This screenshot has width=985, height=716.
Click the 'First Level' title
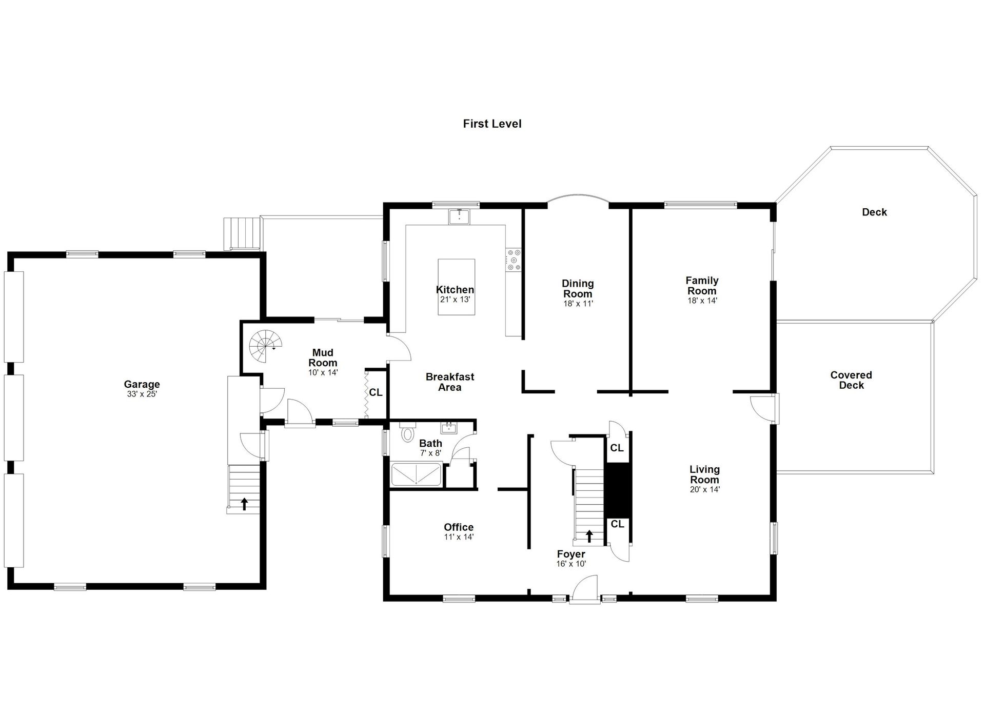click(x=492, y=124)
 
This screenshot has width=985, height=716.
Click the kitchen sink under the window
click(x=459, y=217)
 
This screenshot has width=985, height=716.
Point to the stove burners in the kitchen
click(x=514, y=260)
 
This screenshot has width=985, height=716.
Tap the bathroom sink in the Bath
click(x=449, y=427)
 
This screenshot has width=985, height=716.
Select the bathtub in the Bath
click(x=416, y=474)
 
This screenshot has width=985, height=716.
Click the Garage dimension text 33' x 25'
click(x=142, y=394)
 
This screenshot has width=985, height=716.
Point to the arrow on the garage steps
click(x=244, y=504)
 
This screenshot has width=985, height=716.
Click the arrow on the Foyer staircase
click(x=589, y=536)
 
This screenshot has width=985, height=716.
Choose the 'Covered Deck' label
click(x=851, y=380)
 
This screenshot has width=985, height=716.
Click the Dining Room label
click(x=578, y=288)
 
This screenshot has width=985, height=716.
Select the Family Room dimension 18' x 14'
click(x=702, y=301)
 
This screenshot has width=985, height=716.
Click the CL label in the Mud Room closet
click(x=376, y=392)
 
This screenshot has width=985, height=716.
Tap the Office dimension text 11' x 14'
click(x=459, y=537)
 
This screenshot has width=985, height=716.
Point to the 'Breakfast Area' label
click(x=450, y=382)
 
